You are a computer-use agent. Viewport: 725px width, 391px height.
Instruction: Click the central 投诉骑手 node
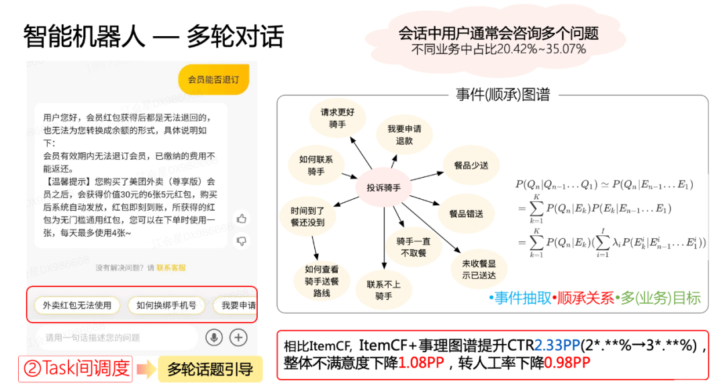[383, 188]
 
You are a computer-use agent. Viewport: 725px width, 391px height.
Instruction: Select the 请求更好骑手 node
[337, 118]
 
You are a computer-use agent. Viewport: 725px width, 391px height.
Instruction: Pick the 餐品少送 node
[471, 164]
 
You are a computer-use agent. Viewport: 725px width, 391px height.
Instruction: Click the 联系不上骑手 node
[383, 290]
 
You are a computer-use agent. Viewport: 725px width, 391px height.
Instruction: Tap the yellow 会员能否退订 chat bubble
[213, 80]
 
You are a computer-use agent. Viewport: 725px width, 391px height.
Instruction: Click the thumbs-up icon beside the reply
[242, 219]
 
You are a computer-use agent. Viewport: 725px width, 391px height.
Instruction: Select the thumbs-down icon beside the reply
[242, 241]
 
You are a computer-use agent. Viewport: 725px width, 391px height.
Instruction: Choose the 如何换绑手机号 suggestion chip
[166, 306]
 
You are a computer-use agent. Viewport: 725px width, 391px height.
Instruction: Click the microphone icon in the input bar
[214, 337]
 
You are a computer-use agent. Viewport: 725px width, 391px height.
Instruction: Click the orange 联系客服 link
[171, 268]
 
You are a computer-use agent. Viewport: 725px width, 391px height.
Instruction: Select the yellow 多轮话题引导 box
[209, 369]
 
